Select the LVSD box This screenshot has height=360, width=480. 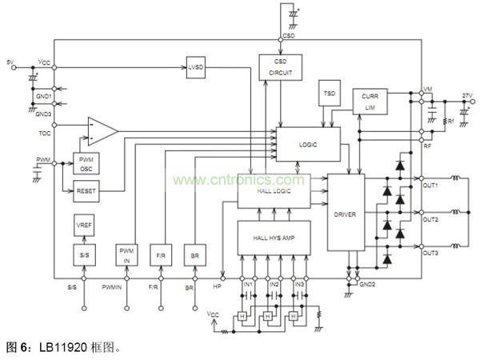tap(196, 66)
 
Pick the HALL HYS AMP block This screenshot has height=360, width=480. tap(274, 237)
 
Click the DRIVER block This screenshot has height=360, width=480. tap(345, 214)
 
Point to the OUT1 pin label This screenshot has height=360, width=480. tap(430, 186)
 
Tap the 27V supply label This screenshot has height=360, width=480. tap(466, 95)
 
